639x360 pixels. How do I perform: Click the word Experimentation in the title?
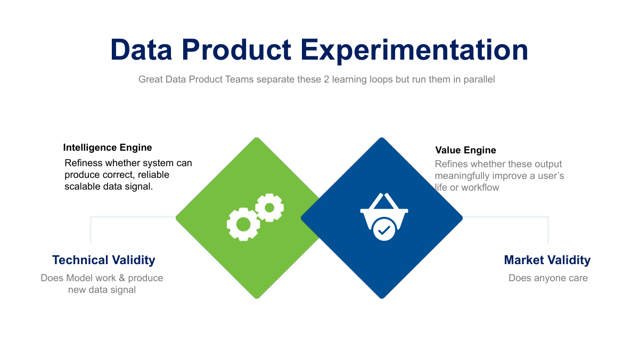click(x=414, y=50)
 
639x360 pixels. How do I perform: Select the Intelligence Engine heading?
click(x=107, y=148)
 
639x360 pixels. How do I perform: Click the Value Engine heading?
click(x=465, y=150)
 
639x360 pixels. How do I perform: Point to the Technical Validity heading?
click(x=103, y=260)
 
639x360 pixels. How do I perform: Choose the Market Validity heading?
click(x=547, y=260)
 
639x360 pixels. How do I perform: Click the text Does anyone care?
click(x=548, y=278)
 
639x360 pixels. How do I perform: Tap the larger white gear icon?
click(x=243, y=224)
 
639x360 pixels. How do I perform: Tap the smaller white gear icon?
click(x=269, y=207)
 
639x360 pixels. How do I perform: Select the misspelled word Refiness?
click(x=83, y=163)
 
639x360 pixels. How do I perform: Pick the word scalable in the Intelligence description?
click(x=83, y=186)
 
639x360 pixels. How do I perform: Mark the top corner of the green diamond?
click(x=257, y=138)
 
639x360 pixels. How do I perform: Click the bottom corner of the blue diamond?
click(x=382, y=298)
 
